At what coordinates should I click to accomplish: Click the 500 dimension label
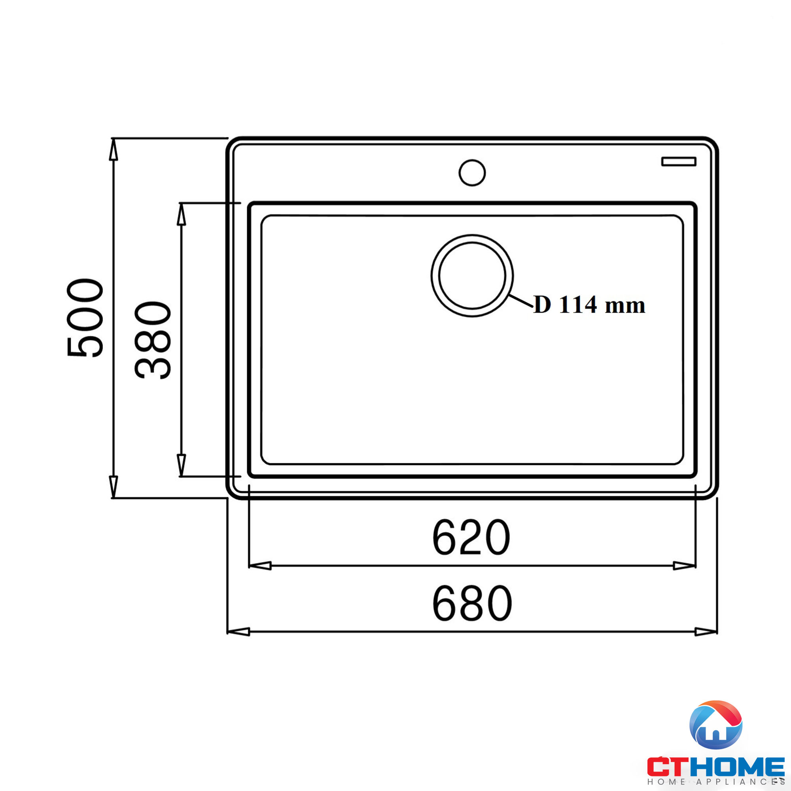(85, 318)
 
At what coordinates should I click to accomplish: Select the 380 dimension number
(153, 340)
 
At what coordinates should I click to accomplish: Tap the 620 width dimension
(471, 537)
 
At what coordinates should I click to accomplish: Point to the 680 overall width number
(472, 603)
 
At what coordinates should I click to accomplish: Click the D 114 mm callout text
(589, 305)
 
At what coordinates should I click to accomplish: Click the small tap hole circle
(472, 173)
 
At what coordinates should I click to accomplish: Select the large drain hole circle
(472, 276)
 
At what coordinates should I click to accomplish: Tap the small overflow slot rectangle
(678, 161)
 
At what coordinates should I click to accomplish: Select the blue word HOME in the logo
(737, 767)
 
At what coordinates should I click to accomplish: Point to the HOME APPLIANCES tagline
(716, 782)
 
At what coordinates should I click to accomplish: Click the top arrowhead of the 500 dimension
(114, 150)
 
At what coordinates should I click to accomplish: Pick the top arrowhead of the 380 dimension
(182, 214)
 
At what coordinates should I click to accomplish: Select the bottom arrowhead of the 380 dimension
(182, 465)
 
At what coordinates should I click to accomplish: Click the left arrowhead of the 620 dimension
(260, 566)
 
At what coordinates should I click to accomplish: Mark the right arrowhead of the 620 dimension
(684, 566)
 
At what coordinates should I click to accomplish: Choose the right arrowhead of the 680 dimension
(706, 632)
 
